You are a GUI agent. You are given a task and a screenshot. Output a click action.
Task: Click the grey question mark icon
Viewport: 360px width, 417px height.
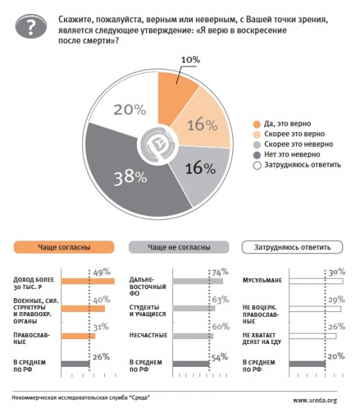(x=31, y=26)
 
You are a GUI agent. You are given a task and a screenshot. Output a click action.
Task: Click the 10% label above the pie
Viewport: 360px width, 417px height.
(x=190, y=60)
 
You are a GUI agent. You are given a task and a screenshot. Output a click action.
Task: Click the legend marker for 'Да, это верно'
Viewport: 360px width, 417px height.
(x=257, y=124)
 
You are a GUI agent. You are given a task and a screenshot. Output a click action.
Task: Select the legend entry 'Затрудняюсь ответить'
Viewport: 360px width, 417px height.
(x=297, y=165)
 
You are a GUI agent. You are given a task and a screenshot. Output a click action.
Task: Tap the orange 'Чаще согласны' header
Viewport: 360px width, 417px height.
(x=64, y=247)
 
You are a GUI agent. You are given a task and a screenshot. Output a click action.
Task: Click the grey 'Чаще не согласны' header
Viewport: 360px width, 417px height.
(x=179, y=247)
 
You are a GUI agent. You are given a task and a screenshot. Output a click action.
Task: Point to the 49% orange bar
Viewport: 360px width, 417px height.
(x=88, y=281)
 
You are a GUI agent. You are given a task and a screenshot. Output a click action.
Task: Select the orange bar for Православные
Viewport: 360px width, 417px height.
(x=78, y=336)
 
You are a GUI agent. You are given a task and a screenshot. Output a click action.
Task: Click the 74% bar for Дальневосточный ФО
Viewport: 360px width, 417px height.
(x=198, y=281)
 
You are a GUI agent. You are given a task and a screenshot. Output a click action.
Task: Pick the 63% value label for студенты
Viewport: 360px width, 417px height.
(x=220, y=300)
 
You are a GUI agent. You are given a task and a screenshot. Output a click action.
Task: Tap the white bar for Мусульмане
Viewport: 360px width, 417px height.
(x=316, y=281)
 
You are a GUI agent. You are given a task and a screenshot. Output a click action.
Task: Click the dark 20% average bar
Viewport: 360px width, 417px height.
(x=307, y=363)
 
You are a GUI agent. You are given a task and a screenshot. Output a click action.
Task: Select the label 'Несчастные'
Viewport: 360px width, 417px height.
(x=148, y=335)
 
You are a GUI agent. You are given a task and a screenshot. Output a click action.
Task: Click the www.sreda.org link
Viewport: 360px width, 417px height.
(x=315, y=400)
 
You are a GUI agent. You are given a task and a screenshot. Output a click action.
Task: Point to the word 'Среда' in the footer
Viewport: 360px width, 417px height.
(x=139, y=398)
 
